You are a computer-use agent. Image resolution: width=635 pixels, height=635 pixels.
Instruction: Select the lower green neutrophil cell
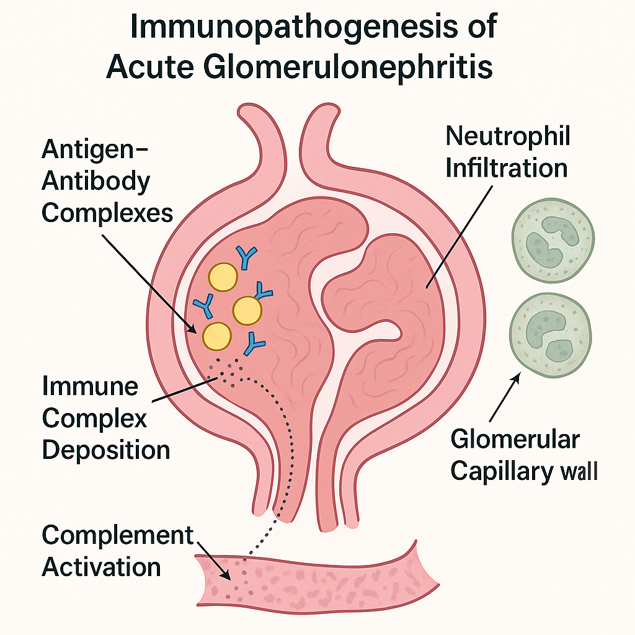(x=550, y=335)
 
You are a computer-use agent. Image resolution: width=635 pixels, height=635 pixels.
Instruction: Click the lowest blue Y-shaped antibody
(x=253, y=343)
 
